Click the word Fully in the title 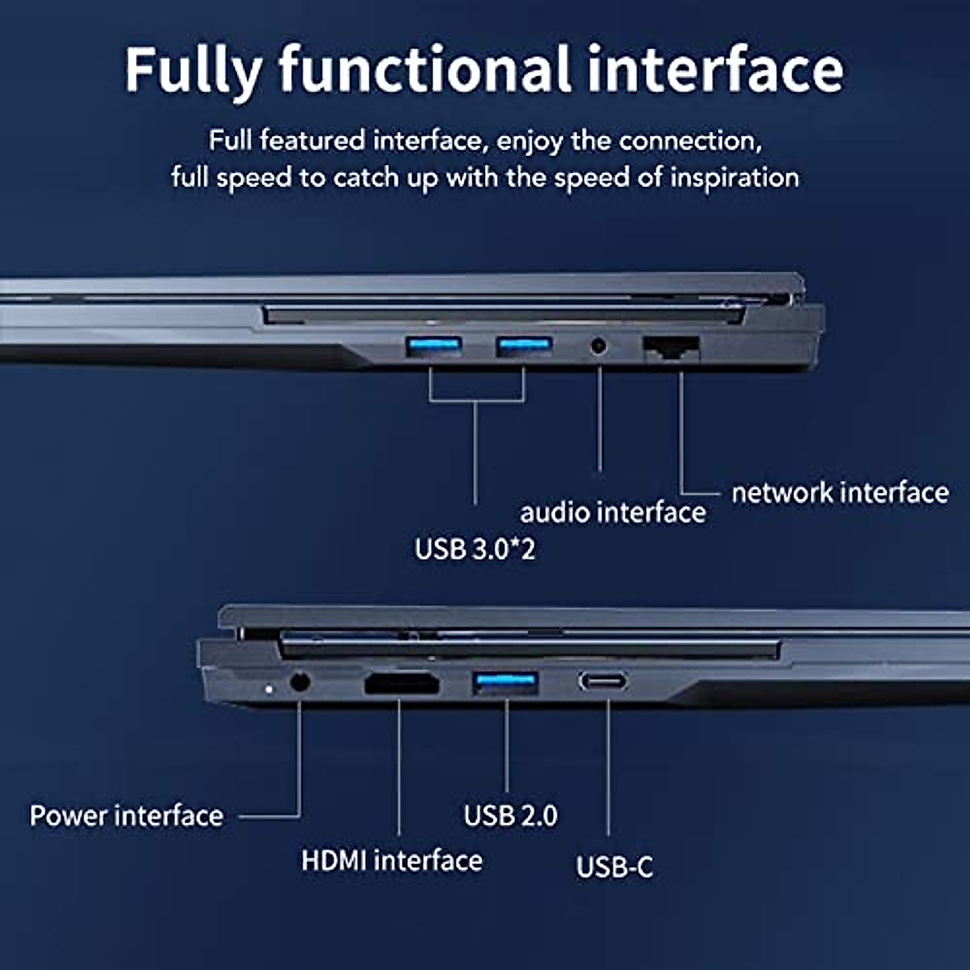[192, 71]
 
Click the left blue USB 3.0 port [433, 347]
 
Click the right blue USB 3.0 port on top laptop [524, 347]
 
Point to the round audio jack [599, 346]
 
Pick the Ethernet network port [671, 348]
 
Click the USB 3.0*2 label [474, 550]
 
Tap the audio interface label [613, 512]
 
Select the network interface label [840, 492]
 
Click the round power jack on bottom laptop [299, 682]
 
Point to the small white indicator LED [268, 689]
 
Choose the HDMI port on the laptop [402, 684]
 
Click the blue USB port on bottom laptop [506, 682]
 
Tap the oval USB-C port [602, 681]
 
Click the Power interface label [126, 816]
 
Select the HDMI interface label [391, 860]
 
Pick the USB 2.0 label [510, 816]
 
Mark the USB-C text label [614, 867]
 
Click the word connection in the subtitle [690, 141]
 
